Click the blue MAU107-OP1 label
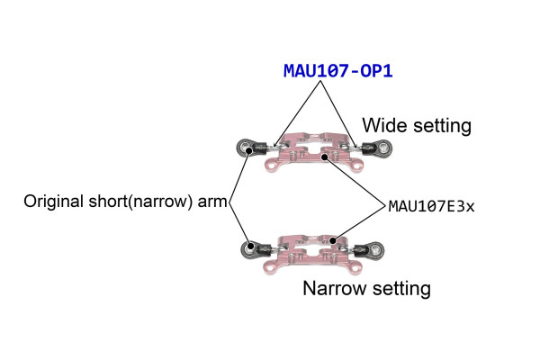click(x=337, y=71)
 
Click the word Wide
click(x=384, y=125)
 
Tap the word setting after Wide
click(x=442, y=126)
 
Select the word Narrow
click(x=336, y=288)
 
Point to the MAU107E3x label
click(x=431, y=206)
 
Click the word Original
click(x=53, y=202)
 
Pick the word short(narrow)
click(x=140, y=202)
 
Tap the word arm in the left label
click(x=212, y=202)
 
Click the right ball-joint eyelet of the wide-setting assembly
click(x=382, y=148)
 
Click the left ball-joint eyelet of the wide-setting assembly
click(x=246, y=148)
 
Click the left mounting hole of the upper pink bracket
click(x=272, y=166)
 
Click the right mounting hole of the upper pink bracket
click(x=356, y=166)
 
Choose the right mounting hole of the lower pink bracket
click(x=354, y=267)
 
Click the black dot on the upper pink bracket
click(x=324, y=157)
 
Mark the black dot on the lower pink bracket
click(x=332, y=241)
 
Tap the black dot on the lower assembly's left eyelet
click(x=251, y=246)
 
